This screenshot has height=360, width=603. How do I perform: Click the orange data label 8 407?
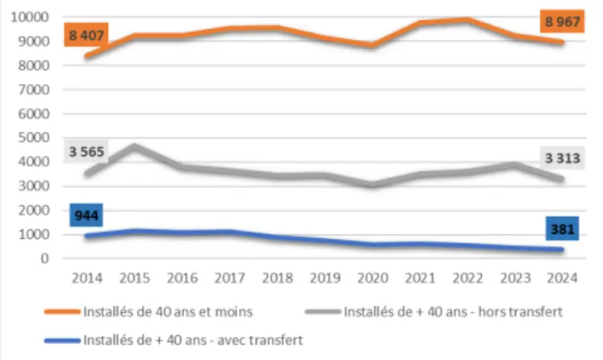click(87, 36)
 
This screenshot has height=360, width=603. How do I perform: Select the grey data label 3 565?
click(87, 152)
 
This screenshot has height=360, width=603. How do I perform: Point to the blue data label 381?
click(563, 229)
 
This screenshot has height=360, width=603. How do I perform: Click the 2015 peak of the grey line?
click(134, 146)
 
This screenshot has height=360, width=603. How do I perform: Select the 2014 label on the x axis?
click(86, 278)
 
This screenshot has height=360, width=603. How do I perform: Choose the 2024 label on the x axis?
click(562, 278)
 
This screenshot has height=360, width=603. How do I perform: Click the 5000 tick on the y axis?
click(36, 138)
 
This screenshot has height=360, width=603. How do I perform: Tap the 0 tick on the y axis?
click(48, 259)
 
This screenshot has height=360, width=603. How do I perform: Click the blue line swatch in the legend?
click(63, 340)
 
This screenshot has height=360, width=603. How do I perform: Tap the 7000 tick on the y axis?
click(36, 90)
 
